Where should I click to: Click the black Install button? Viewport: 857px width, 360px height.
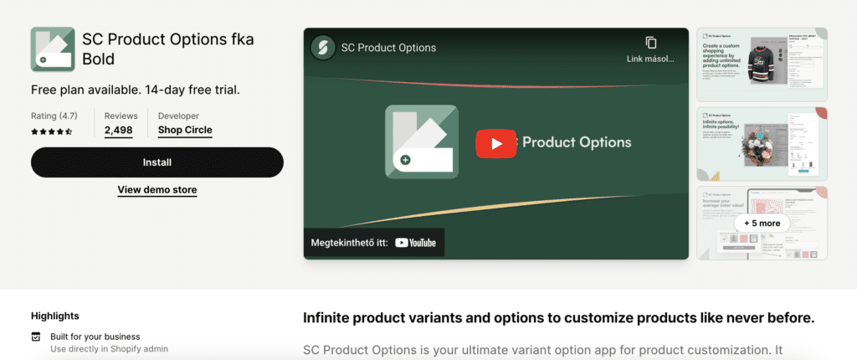click(157, 162)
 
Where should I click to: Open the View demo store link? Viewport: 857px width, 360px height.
click(157, 190)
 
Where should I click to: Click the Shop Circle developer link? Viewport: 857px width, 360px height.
click(185, 131)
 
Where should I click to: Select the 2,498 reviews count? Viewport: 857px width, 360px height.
click(119, 131)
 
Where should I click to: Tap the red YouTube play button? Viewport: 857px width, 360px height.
click(496, 143)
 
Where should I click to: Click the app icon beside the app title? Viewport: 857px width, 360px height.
click(52, 49)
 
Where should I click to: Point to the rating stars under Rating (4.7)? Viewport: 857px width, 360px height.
click(52, 131)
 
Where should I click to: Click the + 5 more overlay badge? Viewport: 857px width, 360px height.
click(762, 224)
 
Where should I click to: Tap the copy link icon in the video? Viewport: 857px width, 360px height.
click(651, 43)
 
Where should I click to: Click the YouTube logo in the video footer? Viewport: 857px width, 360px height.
click(416, 243)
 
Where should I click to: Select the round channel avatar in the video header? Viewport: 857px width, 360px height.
click(322, 48)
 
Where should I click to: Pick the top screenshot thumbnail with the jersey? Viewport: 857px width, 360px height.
click(762, 63)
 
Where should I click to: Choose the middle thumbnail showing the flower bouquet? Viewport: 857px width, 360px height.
click(762, 143)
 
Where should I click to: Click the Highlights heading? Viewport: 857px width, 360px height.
click(55, 316)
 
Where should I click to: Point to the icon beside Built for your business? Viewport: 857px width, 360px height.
click(35, 337)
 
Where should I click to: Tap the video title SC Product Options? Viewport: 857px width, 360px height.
click(388, 48)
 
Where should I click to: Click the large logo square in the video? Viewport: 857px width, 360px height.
click(422, 141)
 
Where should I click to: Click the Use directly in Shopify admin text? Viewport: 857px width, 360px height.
click(109, 348)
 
